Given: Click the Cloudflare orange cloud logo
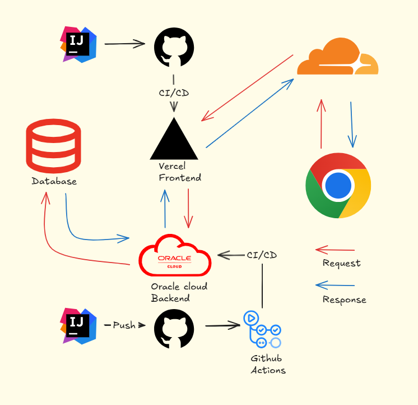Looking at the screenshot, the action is (337, 57).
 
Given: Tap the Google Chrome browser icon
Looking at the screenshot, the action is (338, 186).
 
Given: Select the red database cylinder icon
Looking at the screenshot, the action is (53, 146).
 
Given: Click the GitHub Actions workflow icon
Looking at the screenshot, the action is (262, 329).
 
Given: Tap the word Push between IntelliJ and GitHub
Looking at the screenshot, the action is (124, 325).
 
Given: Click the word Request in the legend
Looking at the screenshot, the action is (341, 263).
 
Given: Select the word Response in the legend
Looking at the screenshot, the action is (345, 300).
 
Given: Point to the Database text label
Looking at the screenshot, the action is (54, 181).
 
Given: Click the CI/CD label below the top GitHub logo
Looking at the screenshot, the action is (174, 93).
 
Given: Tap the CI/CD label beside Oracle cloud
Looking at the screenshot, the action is (262, 255).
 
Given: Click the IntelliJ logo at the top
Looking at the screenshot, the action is (78, 44).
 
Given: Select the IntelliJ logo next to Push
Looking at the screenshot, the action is (78, 326).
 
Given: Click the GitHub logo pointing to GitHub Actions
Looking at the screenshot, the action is (174, 329).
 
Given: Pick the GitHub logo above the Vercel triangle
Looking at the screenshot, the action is (174, 47).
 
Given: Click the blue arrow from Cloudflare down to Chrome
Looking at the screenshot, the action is (352, 125).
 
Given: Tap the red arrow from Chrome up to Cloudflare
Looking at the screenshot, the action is (321, 124).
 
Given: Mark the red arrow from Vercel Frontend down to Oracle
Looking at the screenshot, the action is (188, 208).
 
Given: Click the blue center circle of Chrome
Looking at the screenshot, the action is (338, 186).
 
